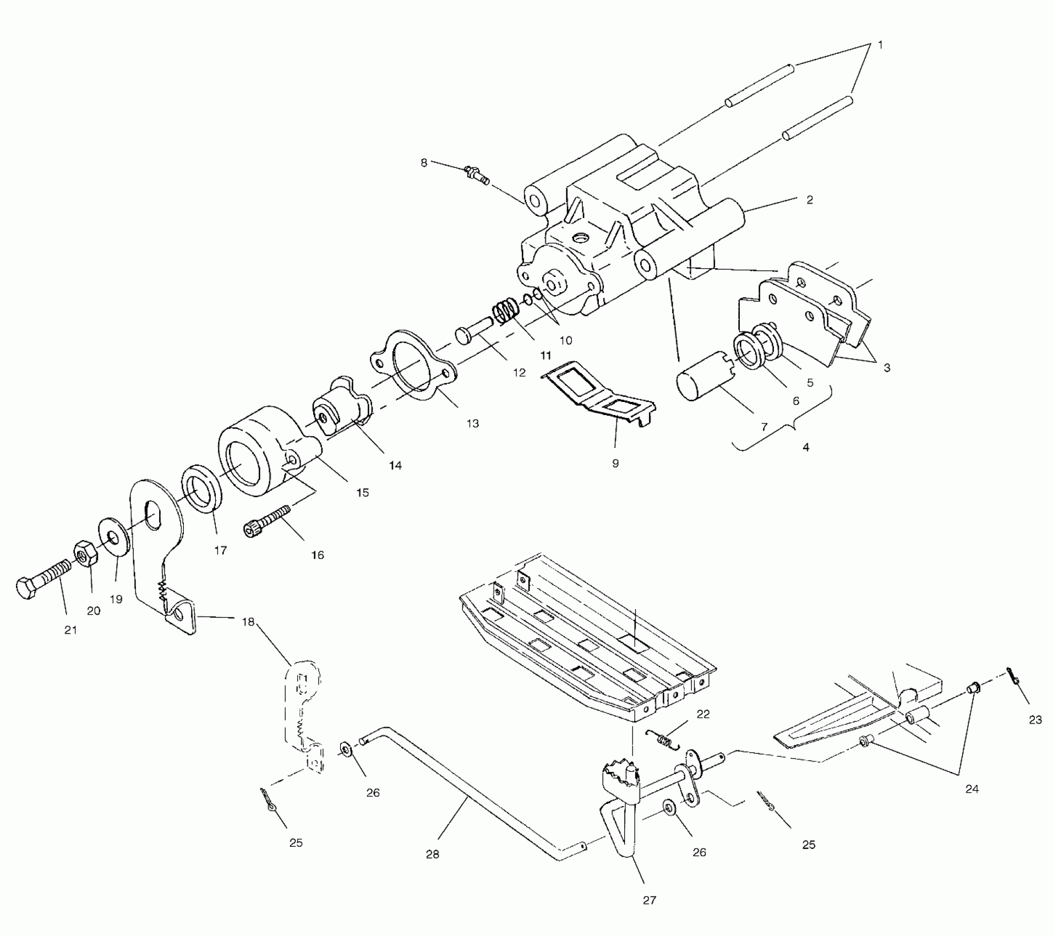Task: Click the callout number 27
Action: click(650, 900)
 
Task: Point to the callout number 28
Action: click(433, 855)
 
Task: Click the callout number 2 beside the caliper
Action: click(809, 200)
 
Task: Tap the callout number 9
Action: click(615, 464)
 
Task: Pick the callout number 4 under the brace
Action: click(806, 447)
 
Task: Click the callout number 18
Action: click(248, 622)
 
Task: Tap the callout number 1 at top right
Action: click(880, 45)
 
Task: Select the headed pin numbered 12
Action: click(473, 333)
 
